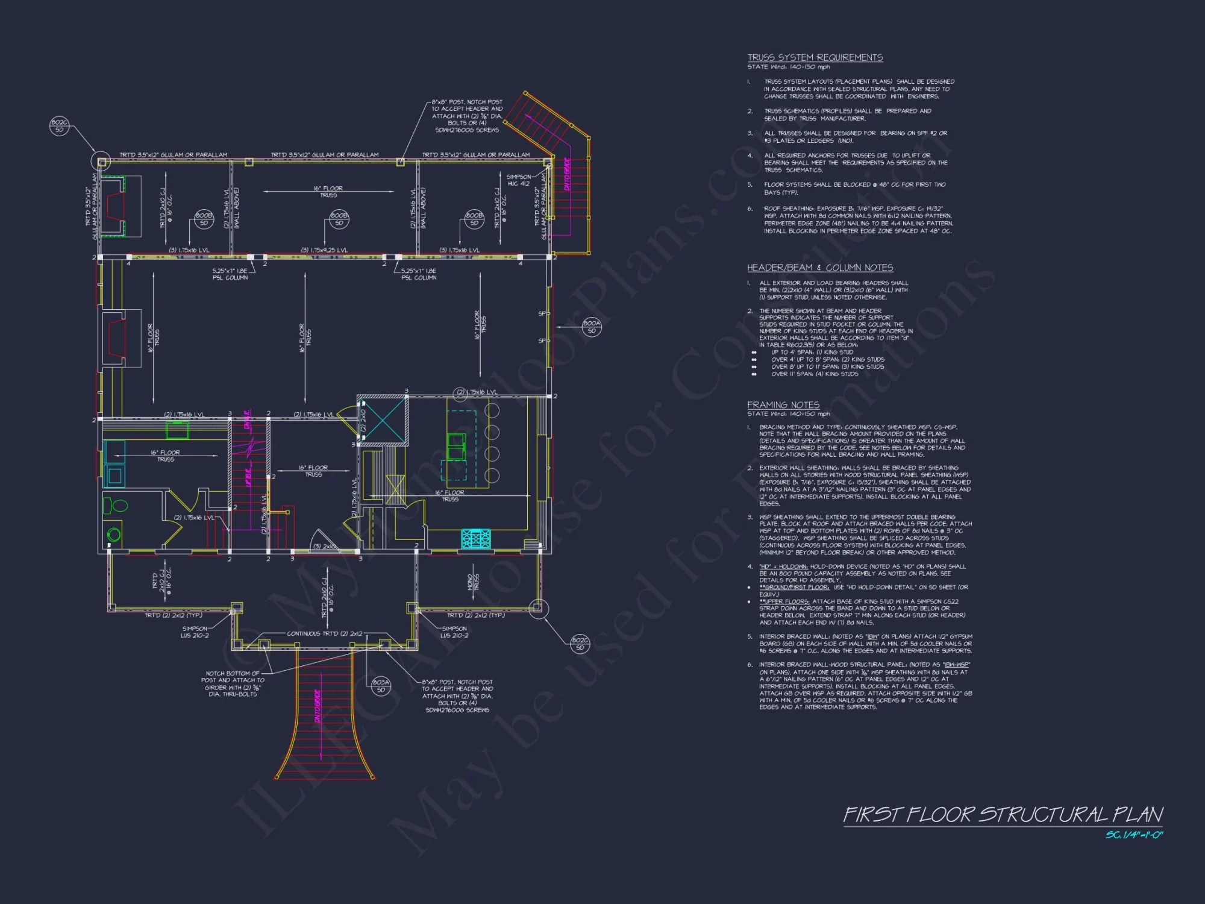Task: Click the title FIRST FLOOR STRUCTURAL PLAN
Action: [1003, 815]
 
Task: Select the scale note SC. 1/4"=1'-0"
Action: [1134, 835]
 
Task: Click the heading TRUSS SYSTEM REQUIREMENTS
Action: [815, 57]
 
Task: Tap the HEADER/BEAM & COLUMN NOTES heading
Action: [820, 268]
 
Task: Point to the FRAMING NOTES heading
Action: [783, 405]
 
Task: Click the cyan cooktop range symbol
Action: [476, 538]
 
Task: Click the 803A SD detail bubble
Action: [381, 686]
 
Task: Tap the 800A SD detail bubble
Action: [592, 327]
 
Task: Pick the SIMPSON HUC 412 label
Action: [518, 180]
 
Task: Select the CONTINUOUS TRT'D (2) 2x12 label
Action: [324, 633]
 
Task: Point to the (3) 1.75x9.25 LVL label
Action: [324, 250]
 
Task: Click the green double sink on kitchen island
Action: [455, 446]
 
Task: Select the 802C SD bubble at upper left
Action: [59, 126]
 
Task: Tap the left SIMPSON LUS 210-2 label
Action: [195, 632]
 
